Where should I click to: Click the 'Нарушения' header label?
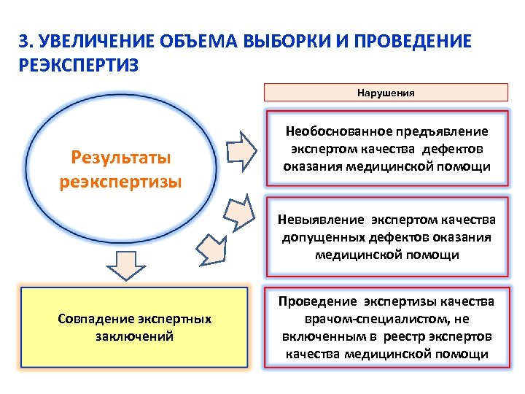click(x=386, y=93)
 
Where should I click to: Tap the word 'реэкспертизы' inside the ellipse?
click(x=120, y=181)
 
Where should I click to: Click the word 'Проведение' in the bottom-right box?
click(x=316, y=302)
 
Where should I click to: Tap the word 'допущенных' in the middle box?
click(x=315, y=237)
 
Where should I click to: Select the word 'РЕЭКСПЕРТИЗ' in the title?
click(x=77, y=65)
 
